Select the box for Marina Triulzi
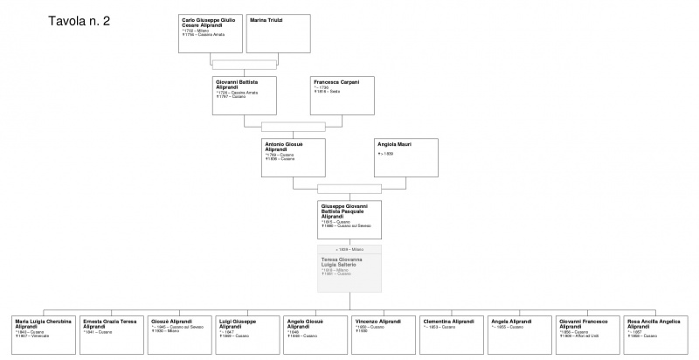(x=278, y=32)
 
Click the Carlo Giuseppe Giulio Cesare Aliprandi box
(x=211, y=32)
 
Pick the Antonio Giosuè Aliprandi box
(x=294, y=157)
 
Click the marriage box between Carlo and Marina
(x=244, y=64)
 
